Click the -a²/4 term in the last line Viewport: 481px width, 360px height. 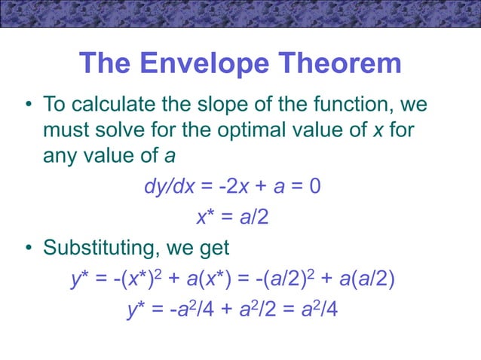pos(179,309)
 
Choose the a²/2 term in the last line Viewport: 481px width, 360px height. pos(249,309)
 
